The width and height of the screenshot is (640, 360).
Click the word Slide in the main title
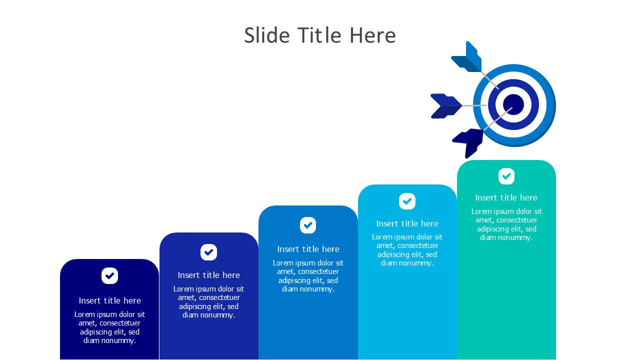pos(267,35)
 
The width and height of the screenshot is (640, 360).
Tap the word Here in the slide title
pos(372,35)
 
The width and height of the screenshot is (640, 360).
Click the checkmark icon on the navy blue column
pos(109,275)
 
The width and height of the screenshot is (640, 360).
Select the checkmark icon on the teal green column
pos(506,176)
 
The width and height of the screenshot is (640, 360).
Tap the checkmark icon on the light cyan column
pos(407,201)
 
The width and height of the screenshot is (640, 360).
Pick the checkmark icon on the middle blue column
pos(308,225)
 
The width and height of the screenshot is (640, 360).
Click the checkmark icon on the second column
pos(208,252)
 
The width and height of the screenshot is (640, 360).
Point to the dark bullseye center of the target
pos(513,104)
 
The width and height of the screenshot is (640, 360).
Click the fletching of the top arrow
pos(467,57)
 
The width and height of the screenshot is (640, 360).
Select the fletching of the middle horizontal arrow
pos(445,106)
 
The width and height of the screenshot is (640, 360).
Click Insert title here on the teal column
pos(506,197)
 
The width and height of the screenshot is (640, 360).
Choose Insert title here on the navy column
pos(109,300)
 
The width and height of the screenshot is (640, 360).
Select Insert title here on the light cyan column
pos(407,223)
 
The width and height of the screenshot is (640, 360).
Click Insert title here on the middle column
pos(308,249)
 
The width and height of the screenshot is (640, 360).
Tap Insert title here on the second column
pos(208,275)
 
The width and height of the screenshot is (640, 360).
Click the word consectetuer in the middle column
pos(318,271)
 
